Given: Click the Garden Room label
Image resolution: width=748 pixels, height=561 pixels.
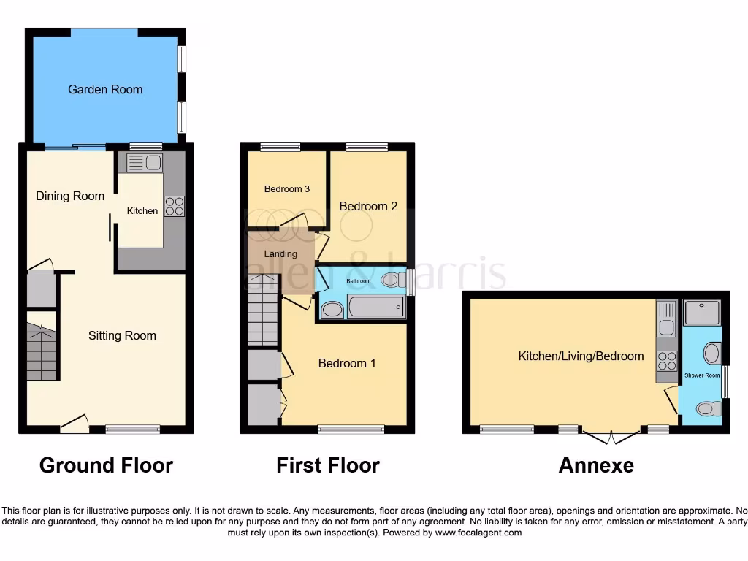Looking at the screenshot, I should click(x=105, y=90).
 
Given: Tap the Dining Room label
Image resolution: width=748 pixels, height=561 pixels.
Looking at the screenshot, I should click(x=70, y=196).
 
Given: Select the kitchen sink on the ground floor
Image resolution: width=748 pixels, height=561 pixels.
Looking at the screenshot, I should click(x=145, y=162).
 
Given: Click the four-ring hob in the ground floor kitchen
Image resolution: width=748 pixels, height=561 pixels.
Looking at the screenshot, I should click(x=174, y=206).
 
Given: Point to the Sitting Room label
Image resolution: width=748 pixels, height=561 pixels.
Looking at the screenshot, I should click(x=122, y=336).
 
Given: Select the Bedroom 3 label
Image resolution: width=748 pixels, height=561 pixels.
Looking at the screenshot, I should click(x=287, y=189).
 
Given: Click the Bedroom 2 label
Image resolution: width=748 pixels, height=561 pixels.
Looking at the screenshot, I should click(x=368, y=206).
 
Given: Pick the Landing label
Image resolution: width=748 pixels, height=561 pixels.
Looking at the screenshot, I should click(x=280, y=254).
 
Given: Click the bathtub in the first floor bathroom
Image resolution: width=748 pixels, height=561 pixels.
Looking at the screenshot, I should click(x=376, y=307).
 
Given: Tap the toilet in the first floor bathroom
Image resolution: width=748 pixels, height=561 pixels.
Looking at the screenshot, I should click(x=392, y=280).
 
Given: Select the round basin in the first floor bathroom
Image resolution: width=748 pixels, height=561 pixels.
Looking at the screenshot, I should click(x=332, y=310).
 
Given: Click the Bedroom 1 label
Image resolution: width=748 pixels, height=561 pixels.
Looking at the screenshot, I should click(x=347, y=363).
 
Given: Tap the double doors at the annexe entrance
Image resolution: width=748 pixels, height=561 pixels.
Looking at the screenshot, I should click(x=612, y=437).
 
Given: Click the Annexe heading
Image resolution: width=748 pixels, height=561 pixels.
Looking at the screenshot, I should click(x=596, y=465).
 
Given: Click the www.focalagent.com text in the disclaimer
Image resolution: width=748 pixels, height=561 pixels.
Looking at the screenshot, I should click(x=478, y=533).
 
